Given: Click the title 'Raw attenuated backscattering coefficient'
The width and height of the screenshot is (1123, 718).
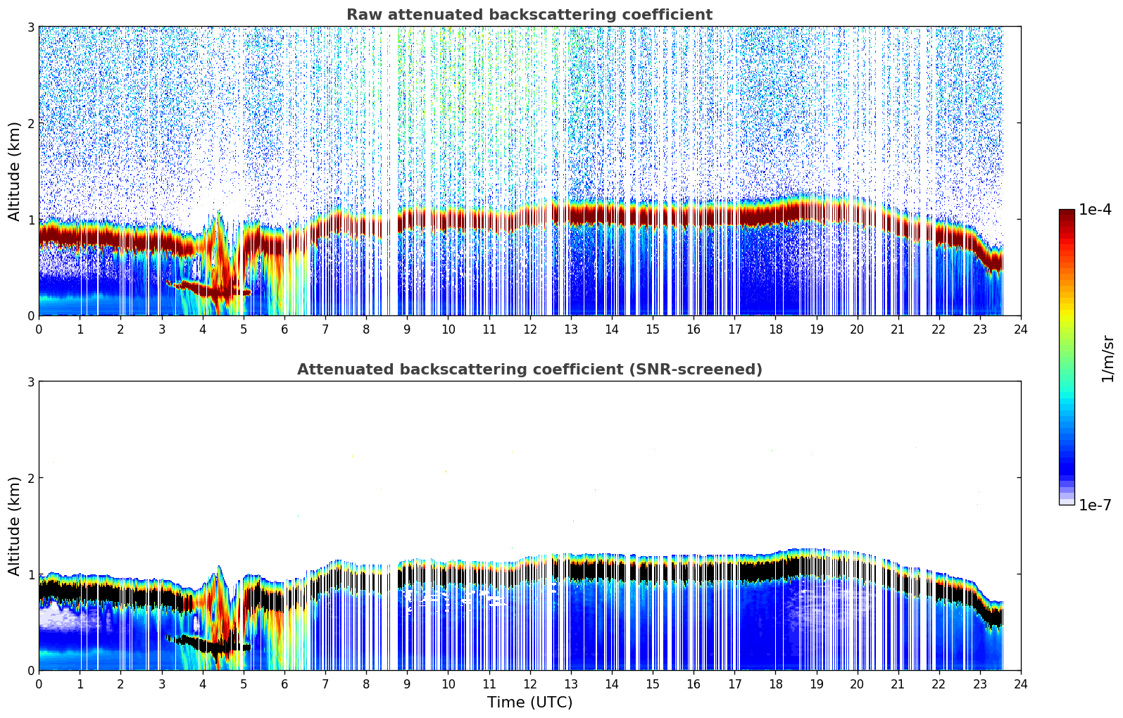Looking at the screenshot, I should [529, 15].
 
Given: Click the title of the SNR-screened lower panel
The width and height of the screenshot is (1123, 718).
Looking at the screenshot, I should [529, 370].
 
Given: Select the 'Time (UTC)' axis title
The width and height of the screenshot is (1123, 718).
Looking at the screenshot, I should [529, 703].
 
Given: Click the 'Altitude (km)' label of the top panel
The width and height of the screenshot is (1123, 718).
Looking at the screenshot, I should [14, 171].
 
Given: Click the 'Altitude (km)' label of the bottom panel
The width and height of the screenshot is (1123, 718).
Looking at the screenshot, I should [14, 526].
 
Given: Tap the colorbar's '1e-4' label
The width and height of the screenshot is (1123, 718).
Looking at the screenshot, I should [1095, 210].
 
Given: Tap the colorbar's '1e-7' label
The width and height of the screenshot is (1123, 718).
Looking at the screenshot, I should [1095, 505].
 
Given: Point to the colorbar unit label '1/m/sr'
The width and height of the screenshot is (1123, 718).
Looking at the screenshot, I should [1108, 358].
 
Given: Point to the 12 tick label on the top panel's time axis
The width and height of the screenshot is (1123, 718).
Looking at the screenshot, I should [529, 329].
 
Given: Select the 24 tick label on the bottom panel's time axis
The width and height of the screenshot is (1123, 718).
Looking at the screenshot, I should [1020, 684].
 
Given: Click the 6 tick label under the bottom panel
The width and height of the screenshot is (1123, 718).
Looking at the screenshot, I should [284, 684].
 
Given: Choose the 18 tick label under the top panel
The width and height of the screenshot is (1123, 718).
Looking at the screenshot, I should [775, 329].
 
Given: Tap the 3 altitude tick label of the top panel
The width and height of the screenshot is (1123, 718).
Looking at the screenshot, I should [30, 27].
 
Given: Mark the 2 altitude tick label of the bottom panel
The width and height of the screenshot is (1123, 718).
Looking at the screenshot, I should [30, 478].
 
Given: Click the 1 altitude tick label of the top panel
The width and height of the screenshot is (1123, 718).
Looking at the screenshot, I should [30, 220].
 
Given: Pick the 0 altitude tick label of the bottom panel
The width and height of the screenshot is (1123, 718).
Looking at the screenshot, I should [30, 670].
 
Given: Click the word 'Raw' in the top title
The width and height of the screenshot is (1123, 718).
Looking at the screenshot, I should [360, 15].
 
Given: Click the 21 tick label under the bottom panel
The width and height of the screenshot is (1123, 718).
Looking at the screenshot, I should [898, 684].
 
